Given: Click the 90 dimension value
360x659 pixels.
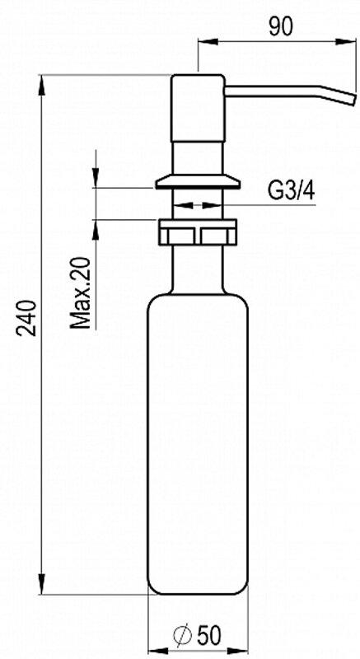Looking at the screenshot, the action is (281, 27).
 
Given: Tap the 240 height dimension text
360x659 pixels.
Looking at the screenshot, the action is (26, 318).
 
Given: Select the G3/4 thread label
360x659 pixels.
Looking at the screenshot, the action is (291, 191).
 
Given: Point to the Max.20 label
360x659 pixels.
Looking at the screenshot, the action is (80, 293).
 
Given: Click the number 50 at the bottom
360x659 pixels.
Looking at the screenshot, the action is (208, 635).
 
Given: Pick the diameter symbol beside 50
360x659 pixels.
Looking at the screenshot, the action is (182, 635).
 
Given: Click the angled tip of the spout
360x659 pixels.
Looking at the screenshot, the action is (350, 99).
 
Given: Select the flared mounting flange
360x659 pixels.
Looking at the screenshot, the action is (198, 181).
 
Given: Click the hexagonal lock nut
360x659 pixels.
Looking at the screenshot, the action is (198, 232).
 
